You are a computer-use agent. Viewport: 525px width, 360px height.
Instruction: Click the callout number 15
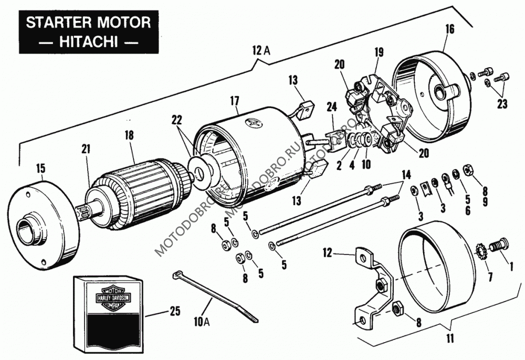click(x=41, y=168)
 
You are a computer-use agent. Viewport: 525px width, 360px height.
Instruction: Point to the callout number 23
click(x=502, y=104)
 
